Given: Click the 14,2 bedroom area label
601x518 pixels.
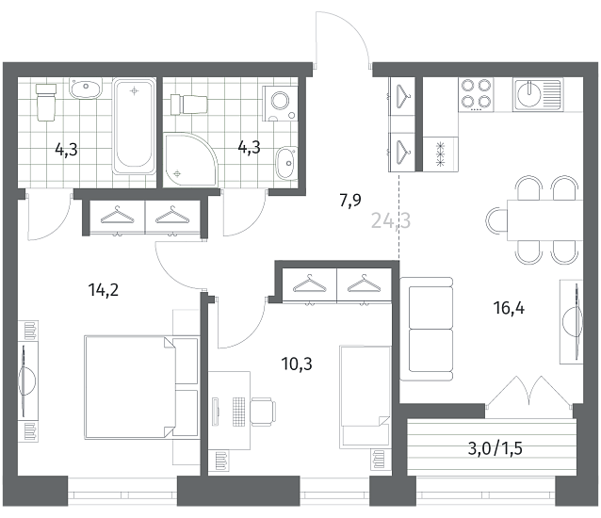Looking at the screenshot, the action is point(103,290).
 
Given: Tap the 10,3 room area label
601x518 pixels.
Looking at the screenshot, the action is point(297,364).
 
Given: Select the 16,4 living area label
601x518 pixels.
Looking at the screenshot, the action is point(509,308).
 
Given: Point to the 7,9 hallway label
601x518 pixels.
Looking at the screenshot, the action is point(350,200).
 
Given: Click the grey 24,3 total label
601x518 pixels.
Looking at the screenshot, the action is point(391,220).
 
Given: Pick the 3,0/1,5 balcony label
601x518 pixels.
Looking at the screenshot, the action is point(495,448).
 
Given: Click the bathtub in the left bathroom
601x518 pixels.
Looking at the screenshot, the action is point(134,126).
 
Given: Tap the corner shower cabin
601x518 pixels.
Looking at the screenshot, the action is point(190,159).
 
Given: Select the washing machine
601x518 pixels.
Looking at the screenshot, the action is point(280,104).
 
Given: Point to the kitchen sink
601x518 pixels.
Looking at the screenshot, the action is point(538,94).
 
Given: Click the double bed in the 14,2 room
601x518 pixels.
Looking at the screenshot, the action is point(141,387).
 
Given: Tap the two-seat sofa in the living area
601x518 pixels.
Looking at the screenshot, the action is point(427,329).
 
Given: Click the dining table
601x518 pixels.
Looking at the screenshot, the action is point(544,220).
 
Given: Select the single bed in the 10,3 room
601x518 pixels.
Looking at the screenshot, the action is point(365,397).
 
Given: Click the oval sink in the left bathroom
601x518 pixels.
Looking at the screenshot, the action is point(86,88).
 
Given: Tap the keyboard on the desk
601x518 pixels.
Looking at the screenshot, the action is point(238,412).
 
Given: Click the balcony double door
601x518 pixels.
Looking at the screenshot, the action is point(529,390).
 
